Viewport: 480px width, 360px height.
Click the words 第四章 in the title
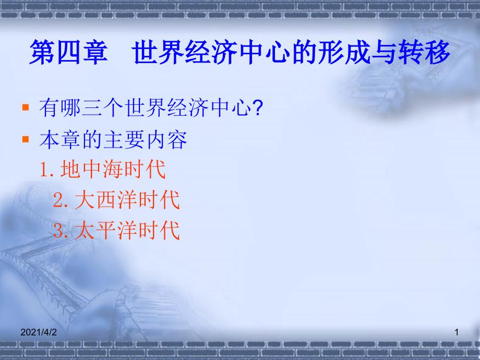point(68,52)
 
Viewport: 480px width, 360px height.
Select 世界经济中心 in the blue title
point(211,52)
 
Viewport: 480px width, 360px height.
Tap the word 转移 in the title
point(424,52)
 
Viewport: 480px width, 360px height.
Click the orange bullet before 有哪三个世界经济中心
point(26,107)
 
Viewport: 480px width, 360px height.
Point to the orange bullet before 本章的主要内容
point(26,140)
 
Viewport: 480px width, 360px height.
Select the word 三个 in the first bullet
point(103,108)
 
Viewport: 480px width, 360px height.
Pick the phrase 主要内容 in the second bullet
point(145,140)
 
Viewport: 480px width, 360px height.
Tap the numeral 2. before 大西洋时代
point(61,200)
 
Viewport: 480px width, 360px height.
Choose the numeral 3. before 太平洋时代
point(61,231)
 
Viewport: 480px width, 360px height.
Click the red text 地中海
point(92,169)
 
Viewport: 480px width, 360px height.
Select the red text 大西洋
point(106,200)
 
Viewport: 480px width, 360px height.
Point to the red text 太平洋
point(106,230)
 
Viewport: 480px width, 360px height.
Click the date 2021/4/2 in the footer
point(39,332)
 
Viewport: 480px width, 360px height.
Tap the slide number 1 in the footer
point(457,332)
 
